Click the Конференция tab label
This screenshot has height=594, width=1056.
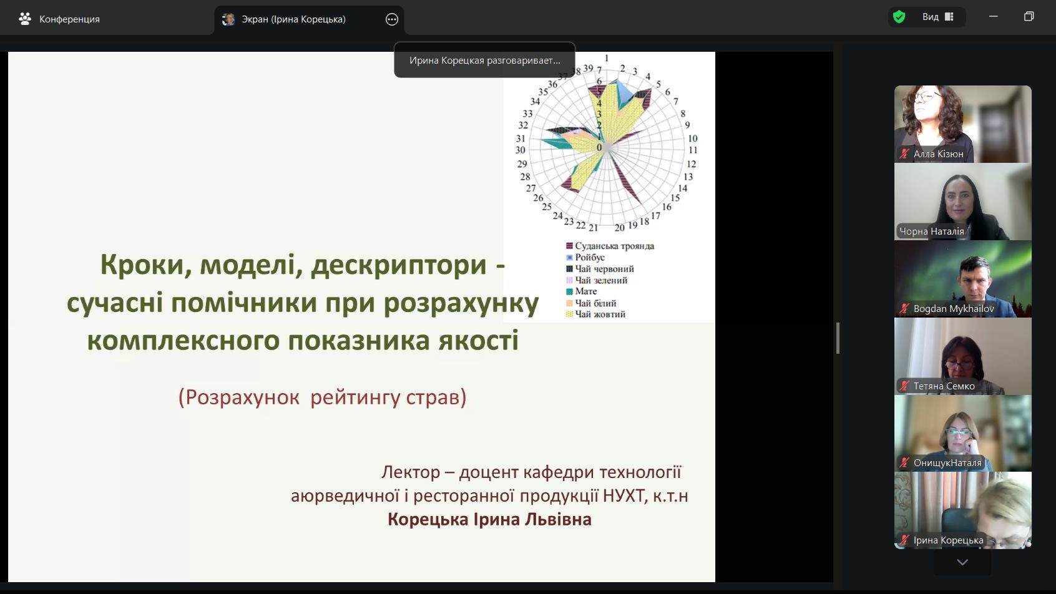pos(69,19)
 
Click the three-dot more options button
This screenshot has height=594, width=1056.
pos(392,19)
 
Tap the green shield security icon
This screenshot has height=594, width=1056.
pos(899,17)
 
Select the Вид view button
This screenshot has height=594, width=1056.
pos(937,17)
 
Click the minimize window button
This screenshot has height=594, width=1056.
pos(994,16)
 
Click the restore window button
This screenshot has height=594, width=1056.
pos(1029,16)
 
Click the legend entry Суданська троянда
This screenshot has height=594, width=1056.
pos(610,246)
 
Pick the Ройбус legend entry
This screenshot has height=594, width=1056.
pos(585,258)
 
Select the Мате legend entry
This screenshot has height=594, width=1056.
pos(581,291)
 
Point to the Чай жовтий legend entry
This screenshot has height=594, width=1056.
pos(596,314)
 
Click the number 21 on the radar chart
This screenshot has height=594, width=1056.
pos(593,228)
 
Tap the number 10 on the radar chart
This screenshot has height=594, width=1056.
pos(693,139)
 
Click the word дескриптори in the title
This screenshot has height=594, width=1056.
pos(398,265)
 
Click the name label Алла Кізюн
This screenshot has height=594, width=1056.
pos(938,154)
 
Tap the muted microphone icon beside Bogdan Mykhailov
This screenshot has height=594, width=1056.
pos(904,309)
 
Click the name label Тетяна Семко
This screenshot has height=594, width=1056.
pos(944,386)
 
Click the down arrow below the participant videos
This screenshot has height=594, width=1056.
pos(962,562)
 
